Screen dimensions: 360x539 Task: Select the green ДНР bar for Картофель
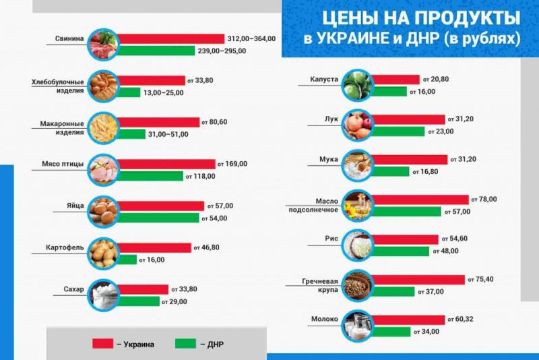pos(128,260)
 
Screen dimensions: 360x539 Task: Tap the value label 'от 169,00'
pos(233,164)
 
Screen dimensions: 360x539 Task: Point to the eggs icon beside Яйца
pos(104,212)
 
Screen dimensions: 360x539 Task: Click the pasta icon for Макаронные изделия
pos(104,128)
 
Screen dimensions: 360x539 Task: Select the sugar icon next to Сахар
pos(104,295)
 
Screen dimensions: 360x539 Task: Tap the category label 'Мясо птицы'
pos(65,163)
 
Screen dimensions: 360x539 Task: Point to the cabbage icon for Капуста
pos(357,85)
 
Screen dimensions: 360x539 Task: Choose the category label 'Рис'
pos(331,239)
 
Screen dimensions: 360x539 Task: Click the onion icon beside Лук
pos(357,124)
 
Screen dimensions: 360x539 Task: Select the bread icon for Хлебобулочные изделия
pos(104,86)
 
